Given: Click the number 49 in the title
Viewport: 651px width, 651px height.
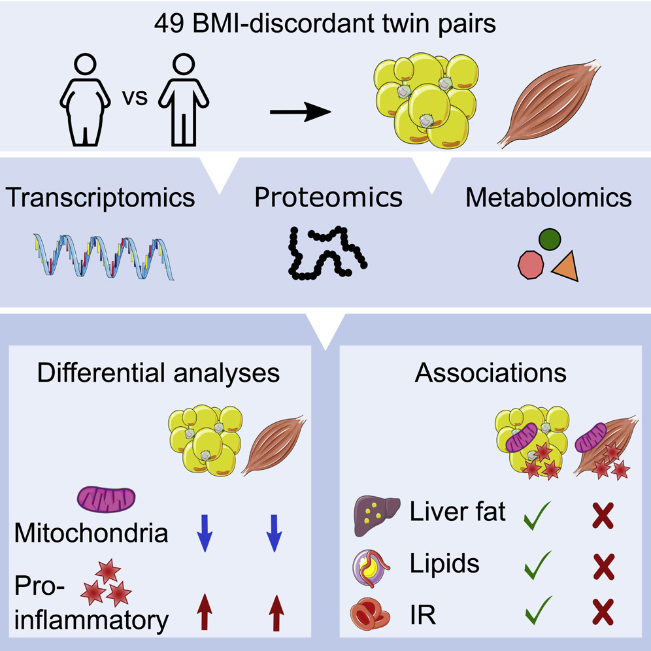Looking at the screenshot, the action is pyautogui.click(x=169, y=24).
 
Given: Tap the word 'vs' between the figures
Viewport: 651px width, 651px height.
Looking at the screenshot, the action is pyautogui.click(x=135, y=97).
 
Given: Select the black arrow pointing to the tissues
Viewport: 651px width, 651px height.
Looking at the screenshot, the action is pyautogui.click(x=300, y=112).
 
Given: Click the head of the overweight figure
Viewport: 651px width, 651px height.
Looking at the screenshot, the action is pyautogui.click(x=85, y=64).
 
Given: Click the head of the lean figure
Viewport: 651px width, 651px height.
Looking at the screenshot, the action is pyautogui.click(x=184, y=64).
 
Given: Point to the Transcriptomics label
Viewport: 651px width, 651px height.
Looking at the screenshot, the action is pyautogui.click(x=100, y=197).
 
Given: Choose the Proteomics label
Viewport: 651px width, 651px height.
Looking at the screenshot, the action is pyautogui.click(x=328, y=197).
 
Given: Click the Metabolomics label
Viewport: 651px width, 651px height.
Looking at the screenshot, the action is pyautogui.click(x=548, y=197).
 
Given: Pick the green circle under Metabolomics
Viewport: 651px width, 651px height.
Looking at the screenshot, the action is pyautogui.click(x=550, y=239).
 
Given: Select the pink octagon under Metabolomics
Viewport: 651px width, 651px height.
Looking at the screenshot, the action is pyautogui.click(x=531, y=265).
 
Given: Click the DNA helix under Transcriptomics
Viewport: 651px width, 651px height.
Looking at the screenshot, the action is pyautogui.click(x=104, y=257).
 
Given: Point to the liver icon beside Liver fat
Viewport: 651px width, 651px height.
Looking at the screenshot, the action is pyautogui.click(x=376, y=515).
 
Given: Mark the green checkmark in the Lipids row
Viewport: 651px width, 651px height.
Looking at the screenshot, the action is pyautogui.click(x=538, y=565).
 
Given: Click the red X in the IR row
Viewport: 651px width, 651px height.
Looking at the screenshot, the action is pyautogui.click(x=603, y=612).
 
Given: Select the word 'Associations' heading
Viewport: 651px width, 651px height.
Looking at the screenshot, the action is pyautogui.click(x=491, y=373).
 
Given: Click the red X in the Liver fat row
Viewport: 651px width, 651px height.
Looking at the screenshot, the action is pyautogui.click(x=603, y=515).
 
